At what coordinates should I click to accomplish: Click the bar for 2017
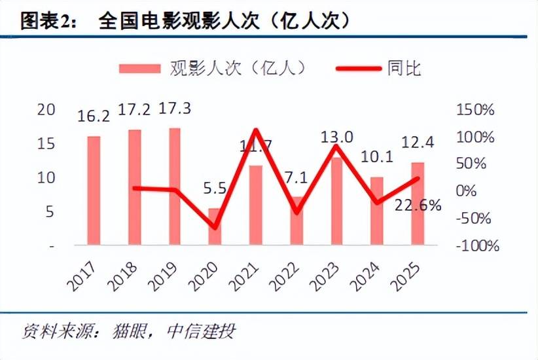(x=94, y=190)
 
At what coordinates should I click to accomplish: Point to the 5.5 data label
(x=214, y=189)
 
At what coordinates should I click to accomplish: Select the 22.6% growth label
(x=418, y=205)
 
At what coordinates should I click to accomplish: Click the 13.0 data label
(x=337, y=137)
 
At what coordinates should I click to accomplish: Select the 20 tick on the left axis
(x=46, y=109)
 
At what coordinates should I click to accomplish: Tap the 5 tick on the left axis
(x=49, y=211)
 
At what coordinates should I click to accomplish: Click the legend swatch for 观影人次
(x=139, y=67)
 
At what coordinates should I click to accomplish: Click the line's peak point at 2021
(x=255, y=130)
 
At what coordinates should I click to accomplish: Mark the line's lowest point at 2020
(x=215, y=227)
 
